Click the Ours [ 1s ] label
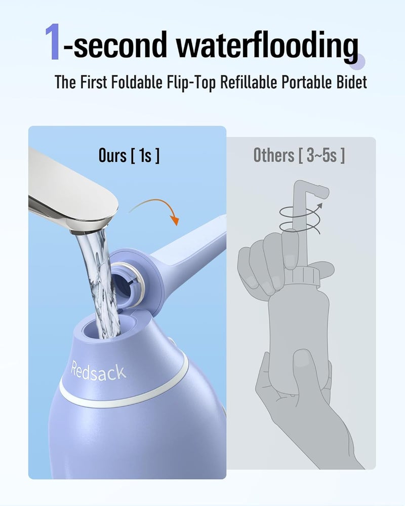[x=129, y=155]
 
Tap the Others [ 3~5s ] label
[x=299, y=155]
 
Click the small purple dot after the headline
[x=361, y=61]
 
